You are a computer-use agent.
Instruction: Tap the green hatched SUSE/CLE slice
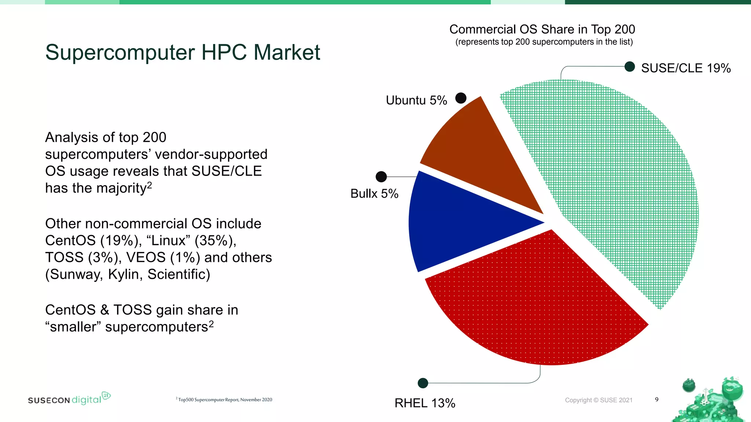coord(616,183)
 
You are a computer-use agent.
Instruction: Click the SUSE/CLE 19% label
coord(686,68)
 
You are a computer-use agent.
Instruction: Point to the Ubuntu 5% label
coord(416,100)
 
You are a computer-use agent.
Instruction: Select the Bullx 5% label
coord(374,193)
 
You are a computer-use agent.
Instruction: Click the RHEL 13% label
coord(425,403)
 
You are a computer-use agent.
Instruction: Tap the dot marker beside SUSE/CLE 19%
coord(630,67)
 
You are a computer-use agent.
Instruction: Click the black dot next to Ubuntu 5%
coord(461,98)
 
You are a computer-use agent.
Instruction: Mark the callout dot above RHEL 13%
coord(423,383)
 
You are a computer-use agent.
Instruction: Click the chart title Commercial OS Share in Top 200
coord(542,29)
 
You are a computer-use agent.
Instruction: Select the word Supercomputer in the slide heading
coord(120,52)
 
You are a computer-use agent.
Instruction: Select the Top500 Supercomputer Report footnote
coord(224,400)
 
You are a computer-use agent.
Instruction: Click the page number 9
coord(656,399)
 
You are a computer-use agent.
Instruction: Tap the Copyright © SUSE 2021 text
coord(598,400)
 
